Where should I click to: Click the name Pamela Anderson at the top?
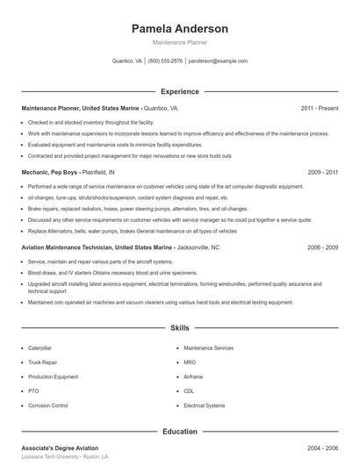pos(179,28)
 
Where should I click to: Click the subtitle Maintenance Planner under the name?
pos(179,42)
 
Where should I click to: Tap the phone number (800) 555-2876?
pos(165,61)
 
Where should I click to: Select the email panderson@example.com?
pos(218,61)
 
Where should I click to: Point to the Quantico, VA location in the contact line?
pos(127,61)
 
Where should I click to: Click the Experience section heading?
pos(179,91)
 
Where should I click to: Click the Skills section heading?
pos(179,328)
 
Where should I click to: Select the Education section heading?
pos(179,432)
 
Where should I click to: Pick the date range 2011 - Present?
pos(320,109)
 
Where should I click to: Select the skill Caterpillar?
pos(40,348)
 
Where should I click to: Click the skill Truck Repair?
pos(43,362)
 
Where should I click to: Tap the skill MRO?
pos(190,362)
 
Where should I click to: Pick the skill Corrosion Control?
pos(48,405)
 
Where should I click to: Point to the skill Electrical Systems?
pos(205,405)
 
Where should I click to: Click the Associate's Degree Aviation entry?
pos(60,448)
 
